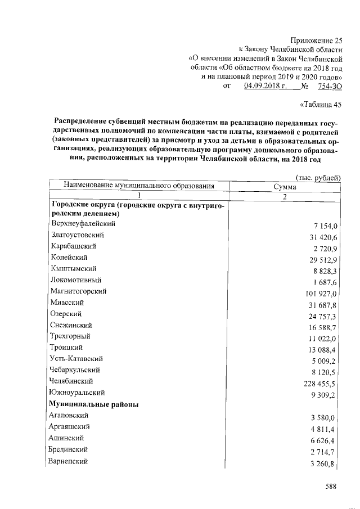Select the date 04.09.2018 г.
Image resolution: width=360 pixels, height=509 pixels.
(x=265, y=86)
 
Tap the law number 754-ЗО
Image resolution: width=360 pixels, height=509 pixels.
(x=330, y=86)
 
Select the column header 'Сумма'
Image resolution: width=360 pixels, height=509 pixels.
(x=285, y=186)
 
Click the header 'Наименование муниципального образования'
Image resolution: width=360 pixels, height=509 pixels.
(x=139, y=186)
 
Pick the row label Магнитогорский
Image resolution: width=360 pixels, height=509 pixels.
(x=78, y=291)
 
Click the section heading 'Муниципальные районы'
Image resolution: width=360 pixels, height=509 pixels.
(x=94, y=404)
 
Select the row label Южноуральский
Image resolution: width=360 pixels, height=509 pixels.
(x=77, y=393)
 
